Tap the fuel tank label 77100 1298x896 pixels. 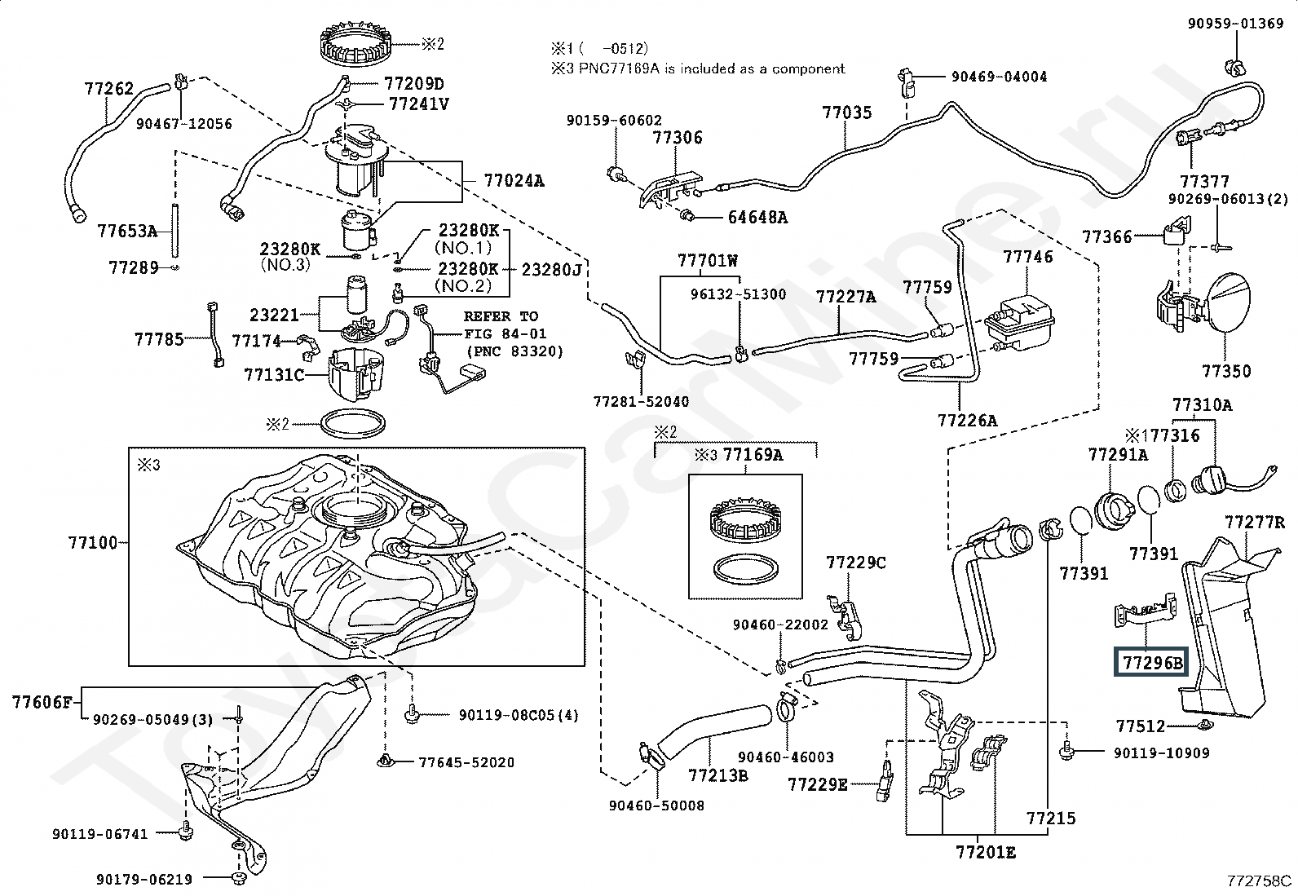coord(93,543)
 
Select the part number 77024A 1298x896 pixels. coord(514,181)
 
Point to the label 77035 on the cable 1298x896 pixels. coord(846,113)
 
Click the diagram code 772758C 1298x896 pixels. coord(1259,881)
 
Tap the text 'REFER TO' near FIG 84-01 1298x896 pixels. coord(501,316)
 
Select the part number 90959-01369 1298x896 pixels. coord(1234,24)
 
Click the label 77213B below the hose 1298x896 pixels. coord(718,775)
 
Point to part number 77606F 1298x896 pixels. coord(42,703)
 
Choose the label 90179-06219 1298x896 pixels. coord(144,879)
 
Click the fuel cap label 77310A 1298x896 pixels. coord(1203,404)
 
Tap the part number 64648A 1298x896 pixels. coord(757,218)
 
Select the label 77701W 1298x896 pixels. coord(708,261)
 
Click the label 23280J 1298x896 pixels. coord(552,270)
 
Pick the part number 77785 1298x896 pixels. coord(159,339)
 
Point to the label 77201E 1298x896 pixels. coord(986,852)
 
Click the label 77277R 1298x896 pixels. coord(1255,522)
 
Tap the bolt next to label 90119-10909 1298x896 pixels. coord(1066,751)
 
